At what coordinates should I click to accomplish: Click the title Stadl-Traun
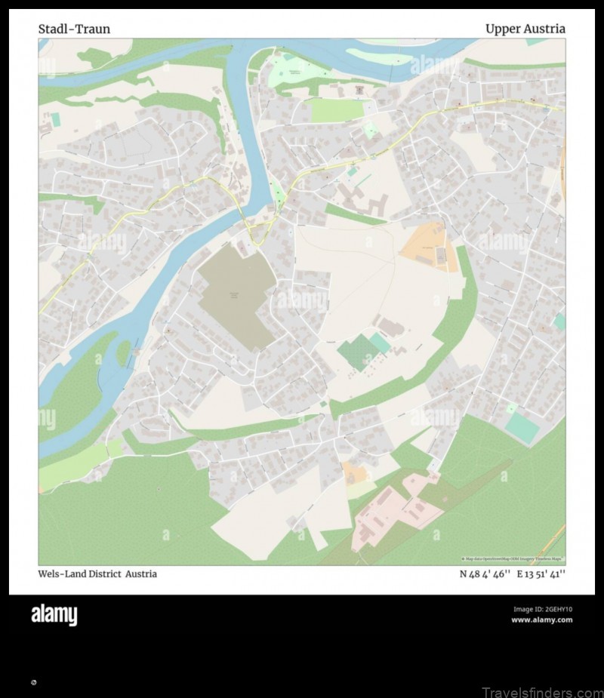74,29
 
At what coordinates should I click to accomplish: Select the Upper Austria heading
525,29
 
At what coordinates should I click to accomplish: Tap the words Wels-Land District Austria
97,573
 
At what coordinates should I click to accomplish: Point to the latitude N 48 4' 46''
485,573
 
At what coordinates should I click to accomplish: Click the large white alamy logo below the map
54,615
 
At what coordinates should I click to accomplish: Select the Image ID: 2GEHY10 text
542,609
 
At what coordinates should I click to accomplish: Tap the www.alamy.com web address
541,620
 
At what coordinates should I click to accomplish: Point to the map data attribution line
513,559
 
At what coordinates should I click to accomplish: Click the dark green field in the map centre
356,353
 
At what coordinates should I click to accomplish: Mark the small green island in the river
124,352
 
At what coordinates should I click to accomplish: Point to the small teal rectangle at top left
55,119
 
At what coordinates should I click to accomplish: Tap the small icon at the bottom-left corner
33,682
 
